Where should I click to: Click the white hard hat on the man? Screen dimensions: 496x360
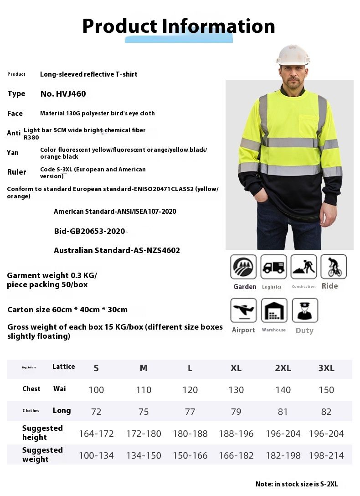(x=293, y=55)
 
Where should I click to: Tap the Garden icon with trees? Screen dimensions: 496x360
(x=243, y=267)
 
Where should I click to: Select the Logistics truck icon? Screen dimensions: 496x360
(x=273, y=267)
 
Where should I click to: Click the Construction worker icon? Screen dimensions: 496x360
(x=303, y=267)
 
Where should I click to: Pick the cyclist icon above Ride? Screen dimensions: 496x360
(x=334, y=267)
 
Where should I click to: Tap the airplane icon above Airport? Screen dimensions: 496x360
(x=243, y=310)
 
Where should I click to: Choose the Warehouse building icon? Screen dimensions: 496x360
(x=274, y=310)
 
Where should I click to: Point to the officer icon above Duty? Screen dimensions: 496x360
(x=304, y=310)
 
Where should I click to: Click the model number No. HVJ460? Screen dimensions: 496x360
(x=63, y=94)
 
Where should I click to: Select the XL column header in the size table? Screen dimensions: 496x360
(x=236, y=368)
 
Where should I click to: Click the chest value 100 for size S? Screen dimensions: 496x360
(x=96, y=390)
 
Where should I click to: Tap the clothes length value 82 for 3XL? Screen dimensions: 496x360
(x=326, y=412)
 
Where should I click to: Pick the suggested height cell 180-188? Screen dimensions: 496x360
(x=190, y=434)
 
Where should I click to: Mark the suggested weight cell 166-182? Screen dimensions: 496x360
(x=236, y=455)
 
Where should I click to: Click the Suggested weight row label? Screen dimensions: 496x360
(x=42, y=455)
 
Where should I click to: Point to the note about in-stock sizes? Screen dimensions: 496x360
(x=297, y=485)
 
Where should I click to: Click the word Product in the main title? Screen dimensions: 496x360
(x=119, y=26)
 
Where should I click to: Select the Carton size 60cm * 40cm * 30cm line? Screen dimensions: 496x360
(x=67, y=310)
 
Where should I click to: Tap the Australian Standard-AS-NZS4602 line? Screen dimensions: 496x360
(x=117, y=250)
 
